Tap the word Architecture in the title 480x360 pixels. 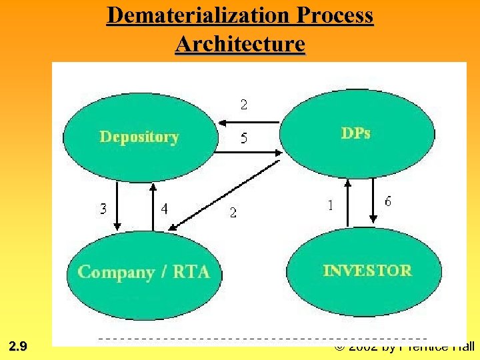[x=240, y=44]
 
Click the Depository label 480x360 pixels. [x=139, y=137]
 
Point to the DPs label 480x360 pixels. [x=356, y=133]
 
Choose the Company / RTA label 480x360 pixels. [x=143, y=272]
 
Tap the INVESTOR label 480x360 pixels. [x=367, y=270]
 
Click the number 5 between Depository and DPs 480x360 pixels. [x=244, y=139]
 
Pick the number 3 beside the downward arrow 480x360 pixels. [x=103, y=209]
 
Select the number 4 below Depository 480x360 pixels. [x=165, y=209]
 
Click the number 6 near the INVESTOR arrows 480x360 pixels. [x=388, y=201]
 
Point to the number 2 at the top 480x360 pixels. [x=244, y=104]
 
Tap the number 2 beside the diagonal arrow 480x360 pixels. [x=233, y=213]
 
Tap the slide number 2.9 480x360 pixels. [x=19, y=346]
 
